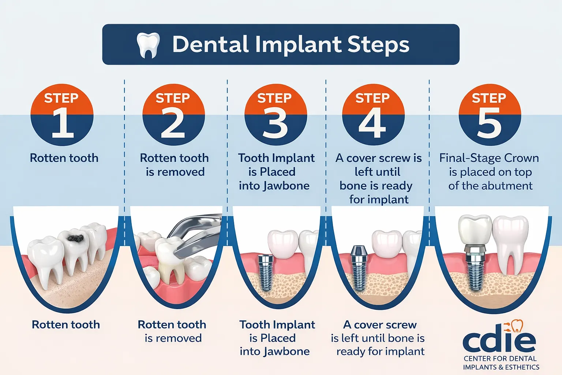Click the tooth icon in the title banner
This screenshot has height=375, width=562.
pyautogui.click(x=148, y=45)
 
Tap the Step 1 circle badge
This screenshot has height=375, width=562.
pyautogui.click(x=62, y=115)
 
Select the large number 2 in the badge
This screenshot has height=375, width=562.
pyautogui.click(x=173, y=123)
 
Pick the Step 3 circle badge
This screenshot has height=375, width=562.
pyautogui.click(x=275, y=115)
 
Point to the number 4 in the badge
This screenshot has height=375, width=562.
pyautogui.click(x=372, y=123)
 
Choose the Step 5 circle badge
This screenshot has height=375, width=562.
pyautogui.click(x=490, y=115)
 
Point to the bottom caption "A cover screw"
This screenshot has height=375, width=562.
pyautogui.click(x=380, y=324)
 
